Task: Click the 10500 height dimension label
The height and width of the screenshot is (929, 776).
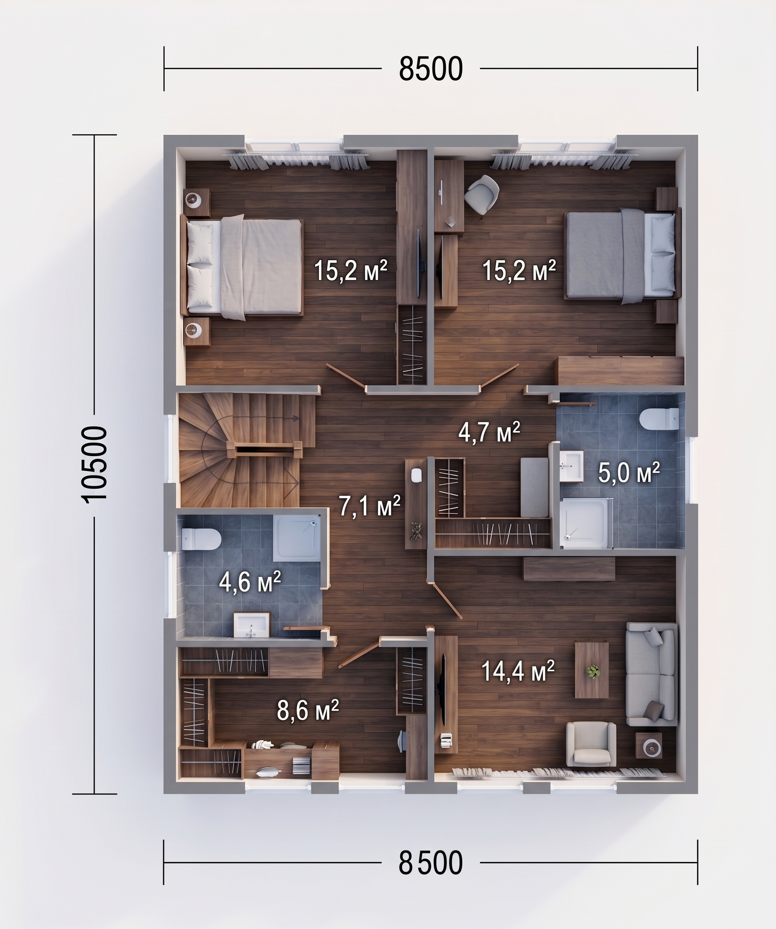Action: [94, 464]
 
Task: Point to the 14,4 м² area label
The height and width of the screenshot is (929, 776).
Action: [518, 671]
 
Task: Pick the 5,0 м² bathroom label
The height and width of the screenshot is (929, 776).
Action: [628, 472]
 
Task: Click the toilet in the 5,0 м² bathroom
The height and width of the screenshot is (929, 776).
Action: [659, 419]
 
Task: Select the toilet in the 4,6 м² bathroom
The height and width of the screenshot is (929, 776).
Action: [201, 539]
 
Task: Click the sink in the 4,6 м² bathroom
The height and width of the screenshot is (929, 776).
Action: [252, 625]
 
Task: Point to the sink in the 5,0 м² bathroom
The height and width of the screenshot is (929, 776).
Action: [571, 466]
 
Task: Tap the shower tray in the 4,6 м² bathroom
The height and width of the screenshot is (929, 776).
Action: [296, 538]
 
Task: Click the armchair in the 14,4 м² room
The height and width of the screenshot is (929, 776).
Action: [591, 744]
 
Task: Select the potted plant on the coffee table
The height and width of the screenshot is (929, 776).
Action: [592, 671]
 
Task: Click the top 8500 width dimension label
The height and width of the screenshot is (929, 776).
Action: [431, 69]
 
